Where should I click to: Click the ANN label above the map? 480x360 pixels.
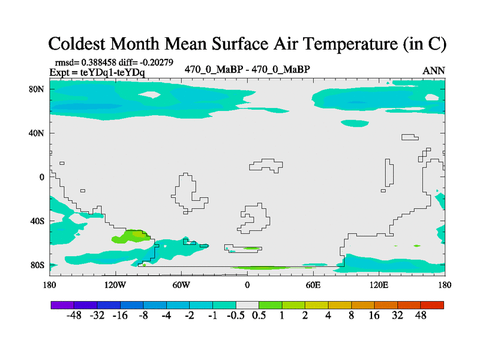tap(434, 70)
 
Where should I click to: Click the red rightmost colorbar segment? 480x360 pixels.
tap(432, 305)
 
